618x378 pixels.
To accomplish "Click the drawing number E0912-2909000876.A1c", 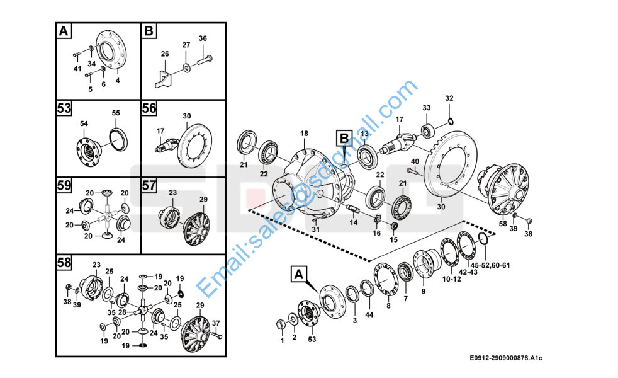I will coord(505,358).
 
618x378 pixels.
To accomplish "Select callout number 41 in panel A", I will coord(77,69).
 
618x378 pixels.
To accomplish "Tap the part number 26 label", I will coord(165,54).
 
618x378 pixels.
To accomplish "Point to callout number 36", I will coord(203,38).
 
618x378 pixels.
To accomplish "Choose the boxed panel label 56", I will coord(149,109).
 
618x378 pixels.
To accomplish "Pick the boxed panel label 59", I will coord(64,186).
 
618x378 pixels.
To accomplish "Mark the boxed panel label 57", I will coord(149,186).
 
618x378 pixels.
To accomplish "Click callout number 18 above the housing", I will coord(304,134).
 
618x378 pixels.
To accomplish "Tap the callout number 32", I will coord(449,98).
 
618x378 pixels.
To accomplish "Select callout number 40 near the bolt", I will coord(415,161).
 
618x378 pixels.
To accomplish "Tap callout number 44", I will coord(369,314).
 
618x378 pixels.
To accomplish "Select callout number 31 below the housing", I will coord(315,229).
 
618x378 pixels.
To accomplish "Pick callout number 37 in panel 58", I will coord(216,323).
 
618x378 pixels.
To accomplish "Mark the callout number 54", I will coord(84,123).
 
